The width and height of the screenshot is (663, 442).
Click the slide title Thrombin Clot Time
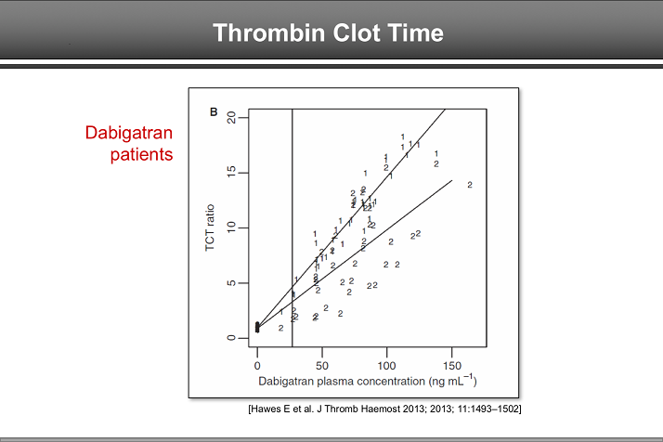tap(328, 33)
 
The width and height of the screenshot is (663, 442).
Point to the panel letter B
tap(213, 113)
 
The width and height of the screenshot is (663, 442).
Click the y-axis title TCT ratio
tap(210, 228)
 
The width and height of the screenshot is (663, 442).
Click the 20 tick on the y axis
tap(230, 118)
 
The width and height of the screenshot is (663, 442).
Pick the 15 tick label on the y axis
tap(230, 173)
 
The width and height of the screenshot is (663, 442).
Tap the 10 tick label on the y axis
tap(230, 227)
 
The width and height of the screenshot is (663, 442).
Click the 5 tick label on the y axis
tap(233, 282)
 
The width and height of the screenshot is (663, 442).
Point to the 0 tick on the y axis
tap(233, 338)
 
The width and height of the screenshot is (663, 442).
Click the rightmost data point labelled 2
tap(470, 185)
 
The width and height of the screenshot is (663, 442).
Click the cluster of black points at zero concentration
tap(257, 327)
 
